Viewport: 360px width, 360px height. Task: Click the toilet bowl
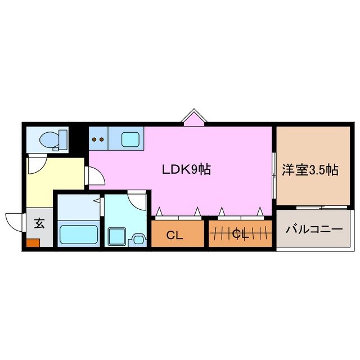47,138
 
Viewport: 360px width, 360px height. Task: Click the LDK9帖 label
186,169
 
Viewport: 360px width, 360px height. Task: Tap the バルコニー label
313,229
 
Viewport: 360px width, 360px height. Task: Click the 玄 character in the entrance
39,223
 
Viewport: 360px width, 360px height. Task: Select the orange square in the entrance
33,243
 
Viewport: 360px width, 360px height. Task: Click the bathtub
79,232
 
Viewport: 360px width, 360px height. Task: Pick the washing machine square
117,235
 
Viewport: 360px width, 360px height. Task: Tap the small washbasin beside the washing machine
137,238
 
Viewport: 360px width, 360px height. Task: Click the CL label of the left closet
175,235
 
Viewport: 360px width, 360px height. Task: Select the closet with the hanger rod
241,234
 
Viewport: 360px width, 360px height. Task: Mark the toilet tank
62,138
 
